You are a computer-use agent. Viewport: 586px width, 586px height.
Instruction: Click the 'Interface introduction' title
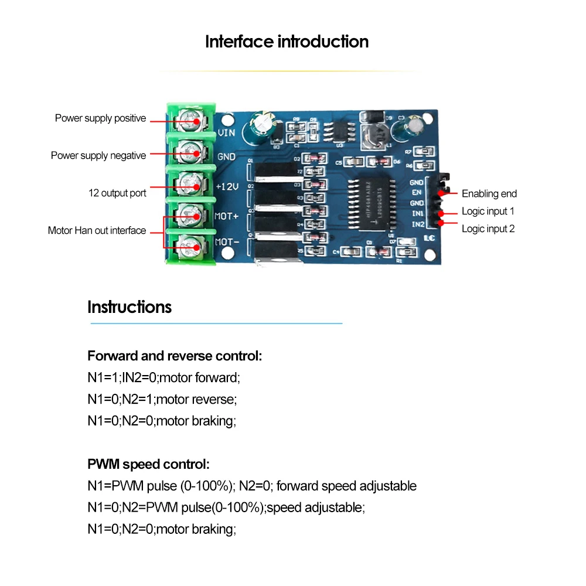(287, 42)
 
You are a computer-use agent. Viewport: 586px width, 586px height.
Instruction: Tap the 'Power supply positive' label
(100, 118)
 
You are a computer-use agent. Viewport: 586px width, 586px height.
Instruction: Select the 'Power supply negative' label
(98, 156)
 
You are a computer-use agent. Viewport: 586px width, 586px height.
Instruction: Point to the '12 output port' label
(117, 193)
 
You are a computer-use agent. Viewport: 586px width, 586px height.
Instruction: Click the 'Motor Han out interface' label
(97, 231)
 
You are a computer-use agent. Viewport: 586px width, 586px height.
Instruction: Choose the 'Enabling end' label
(489, 194)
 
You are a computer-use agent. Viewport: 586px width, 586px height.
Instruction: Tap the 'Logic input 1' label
(488, 212)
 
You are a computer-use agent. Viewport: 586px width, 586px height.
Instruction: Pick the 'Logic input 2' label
(488, 229)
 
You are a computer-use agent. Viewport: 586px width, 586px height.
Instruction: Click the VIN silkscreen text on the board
(226, 133)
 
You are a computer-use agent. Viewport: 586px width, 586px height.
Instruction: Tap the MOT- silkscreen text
(226, 241)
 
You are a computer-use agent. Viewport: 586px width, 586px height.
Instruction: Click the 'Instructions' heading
(130, 307)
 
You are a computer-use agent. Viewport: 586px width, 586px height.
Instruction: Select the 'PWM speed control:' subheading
(148, 465)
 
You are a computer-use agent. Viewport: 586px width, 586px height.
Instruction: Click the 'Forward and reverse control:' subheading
(175, 356)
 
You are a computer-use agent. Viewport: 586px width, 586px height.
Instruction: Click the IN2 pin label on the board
(418, 224)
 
